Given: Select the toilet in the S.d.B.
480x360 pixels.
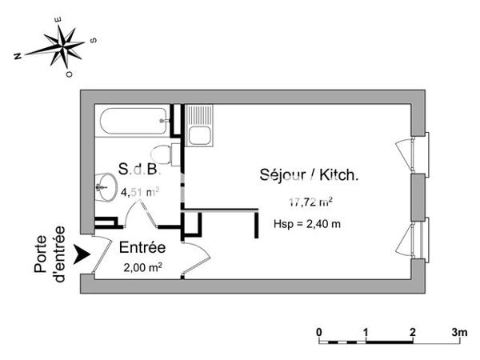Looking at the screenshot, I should tap(163, 153).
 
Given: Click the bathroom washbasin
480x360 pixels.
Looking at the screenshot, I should tap(102, 189).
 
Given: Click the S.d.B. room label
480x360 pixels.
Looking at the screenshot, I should tap(139, 170).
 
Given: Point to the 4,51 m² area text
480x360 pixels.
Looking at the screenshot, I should tap(139, 191).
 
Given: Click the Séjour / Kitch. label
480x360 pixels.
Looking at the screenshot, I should tap(307, 175).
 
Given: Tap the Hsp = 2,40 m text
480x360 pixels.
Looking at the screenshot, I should tap(307, 223).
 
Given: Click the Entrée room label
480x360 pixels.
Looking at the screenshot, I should tap(142, 248).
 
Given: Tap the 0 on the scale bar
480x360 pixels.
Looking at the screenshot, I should tap(319, 331).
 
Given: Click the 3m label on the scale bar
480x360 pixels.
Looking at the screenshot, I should tap(459, 331).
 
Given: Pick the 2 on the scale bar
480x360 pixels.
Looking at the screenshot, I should tap(412, 331).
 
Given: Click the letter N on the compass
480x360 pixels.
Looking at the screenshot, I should tap(18, 57).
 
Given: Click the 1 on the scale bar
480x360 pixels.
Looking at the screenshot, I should tap(366, 331).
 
